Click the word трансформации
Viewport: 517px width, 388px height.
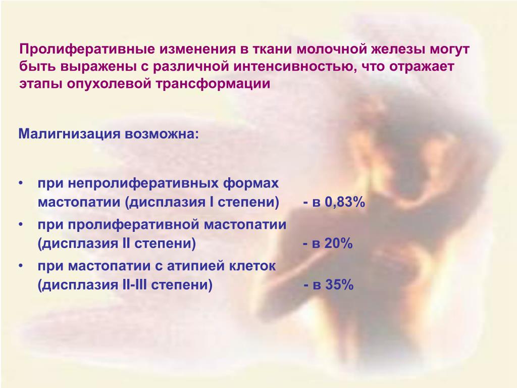click(213, 84)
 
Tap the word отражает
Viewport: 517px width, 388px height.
click(422, 67)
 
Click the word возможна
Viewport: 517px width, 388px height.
click(162, 134)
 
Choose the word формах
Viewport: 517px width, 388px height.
click(251, 183)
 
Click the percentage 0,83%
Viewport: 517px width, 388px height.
click(345, 202)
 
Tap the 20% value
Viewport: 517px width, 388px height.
click(339, 244)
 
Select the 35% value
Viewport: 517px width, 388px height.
click(339, 285)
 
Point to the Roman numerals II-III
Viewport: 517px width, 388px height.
click(133, 285)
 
